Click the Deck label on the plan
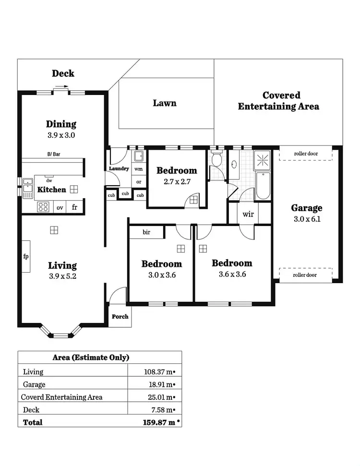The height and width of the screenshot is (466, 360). tap(63, 73)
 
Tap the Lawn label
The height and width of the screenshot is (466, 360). tap(165, 103)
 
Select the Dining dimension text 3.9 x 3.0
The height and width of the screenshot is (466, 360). tap(61, 135)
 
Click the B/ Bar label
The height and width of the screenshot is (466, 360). tap(53, 155)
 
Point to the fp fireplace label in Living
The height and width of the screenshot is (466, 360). tap(26, 256)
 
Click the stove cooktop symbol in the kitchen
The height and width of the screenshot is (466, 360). tap(43, 207)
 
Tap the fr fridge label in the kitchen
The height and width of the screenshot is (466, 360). tap(74, 207)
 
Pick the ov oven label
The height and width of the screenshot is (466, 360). tap(60, 208)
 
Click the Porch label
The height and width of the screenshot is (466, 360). tap(120, 317)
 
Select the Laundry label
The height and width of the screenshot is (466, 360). tap(119, 169)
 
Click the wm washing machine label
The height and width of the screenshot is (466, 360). tap(139, 169)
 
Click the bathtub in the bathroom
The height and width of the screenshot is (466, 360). tap(263, 186)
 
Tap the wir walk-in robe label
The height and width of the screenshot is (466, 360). tap(248, 214)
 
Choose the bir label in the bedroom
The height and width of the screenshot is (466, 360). tap(146, 232)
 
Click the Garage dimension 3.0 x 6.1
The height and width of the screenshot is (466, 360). tap(306, 219)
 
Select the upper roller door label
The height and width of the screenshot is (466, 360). tap(306, 154)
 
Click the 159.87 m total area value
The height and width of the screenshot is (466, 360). tap(157, 422)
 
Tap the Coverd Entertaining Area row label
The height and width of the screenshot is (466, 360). tap(61, 397)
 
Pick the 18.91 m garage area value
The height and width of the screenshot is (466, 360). tap(159, 384)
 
